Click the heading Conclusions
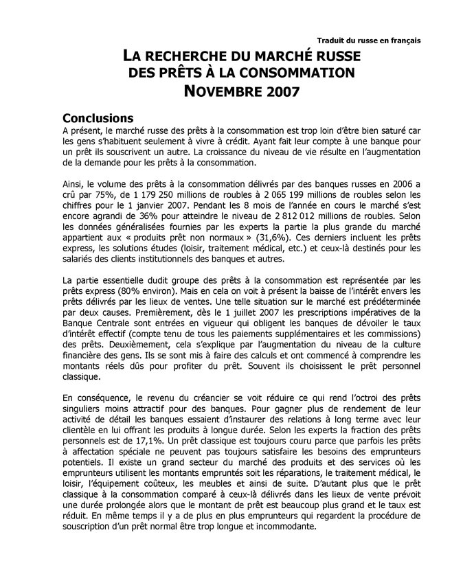98,118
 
